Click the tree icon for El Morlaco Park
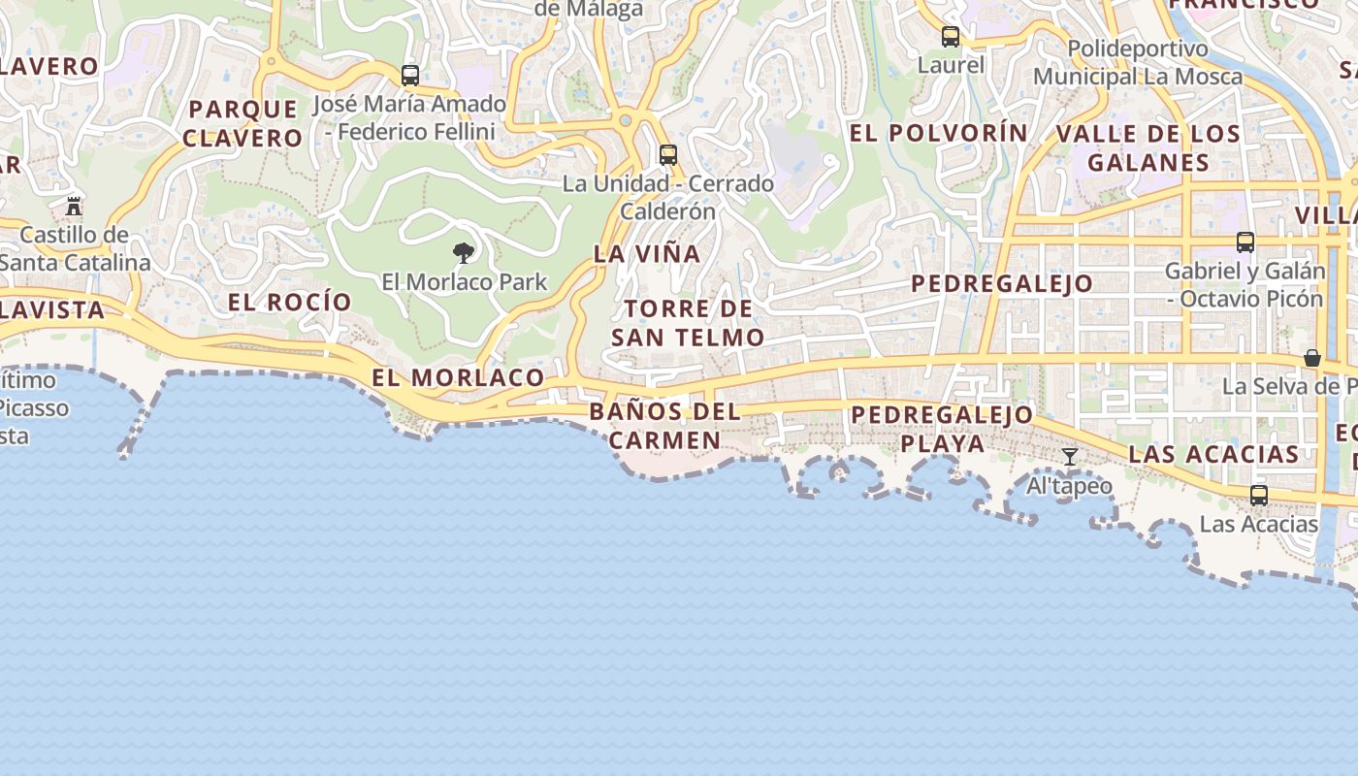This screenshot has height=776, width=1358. (x=464, y=253)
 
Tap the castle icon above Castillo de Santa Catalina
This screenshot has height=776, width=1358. (x=74, y=206)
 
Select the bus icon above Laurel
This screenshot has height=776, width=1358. (x=951, y=37)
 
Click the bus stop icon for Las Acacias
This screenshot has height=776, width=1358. (x=1258, y=496)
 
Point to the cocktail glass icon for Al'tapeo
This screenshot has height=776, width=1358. (x=1069, y=457)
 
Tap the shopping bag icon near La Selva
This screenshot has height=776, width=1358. (x=1312, y=358)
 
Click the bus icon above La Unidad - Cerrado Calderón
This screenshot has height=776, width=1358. (x=667, y=154)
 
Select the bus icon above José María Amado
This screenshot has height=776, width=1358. (x=410, y=75)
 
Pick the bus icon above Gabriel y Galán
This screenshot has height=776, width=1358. (x=1245, y=242)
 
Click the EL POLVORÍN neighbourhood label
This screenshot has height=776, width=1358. (x=938, y=133)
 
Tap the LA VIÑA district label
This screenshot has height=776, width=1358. (x=647, y=254)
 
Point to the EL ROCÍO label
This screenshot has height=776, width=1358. (x=289, y=302)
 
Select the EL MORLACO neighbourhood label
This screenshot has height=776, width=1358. (x=458, y=377)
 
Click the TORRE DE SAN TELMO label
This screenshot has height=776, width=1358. (x=688, y=323)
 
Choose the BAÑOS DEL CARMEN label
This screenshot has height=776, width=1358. (x=664, y=426)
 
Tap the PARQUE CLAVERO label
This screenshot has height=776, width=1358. (x=242, y=123)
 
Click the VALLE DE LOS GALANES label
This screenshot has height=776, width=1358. (x=1148, y=147)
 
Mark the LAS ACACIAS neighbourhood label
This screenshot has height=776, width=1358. (x=1213, y=454)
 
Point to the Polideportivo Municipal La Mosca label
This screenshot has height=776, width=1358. (x=1138, y=62)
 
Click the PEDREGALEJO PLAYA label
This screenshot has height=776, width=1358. (x=942, y=429)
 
